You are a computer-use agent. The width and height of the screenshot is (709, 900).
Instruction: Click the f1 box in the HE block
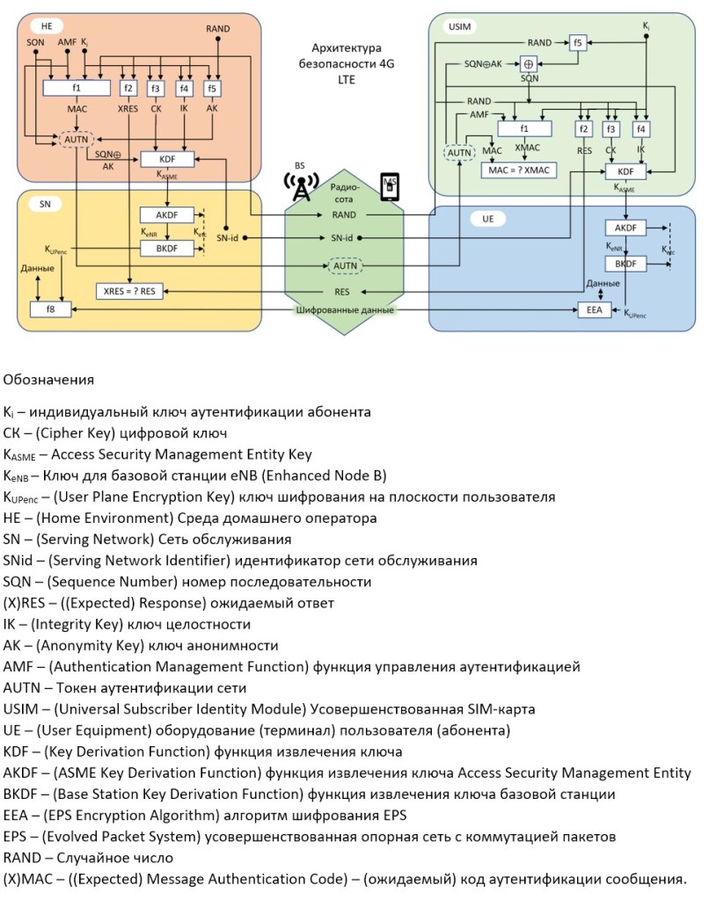77,88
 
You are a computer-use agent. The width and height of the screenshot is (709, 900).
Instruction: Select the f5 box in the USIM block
577,42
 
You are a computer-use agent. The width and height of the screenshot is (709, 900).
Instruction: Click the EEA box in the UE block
594,309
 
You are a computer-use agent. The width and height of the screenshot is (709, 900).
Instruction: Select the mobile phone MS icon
388,187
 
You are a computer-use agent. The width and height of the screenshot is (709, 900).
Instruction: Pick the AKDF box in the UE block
625,228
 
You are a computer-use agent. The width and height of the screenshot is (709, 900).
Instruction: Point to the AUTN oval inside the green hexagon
346,265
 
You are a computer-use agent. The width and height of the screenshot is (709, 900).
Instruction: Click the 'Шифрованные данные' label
346,310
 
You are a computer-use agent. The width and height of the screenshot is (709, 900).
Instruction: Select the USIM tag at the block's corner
460,27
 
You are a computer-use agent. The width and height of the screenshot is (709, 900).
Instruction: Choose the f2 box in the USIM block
583,129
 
